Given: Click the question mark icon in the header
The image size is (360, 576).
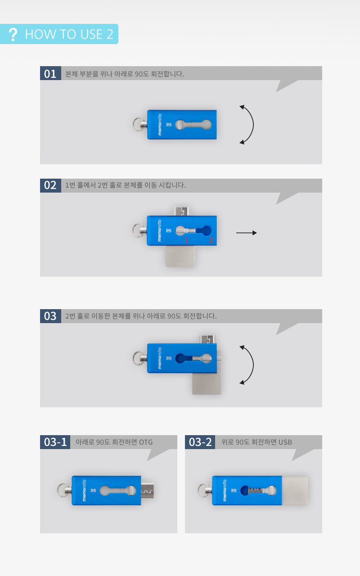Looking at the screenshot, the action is click(x=13, y=34).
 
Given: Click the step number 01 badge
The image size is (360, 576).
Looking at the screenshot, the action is click(x=50, y=73).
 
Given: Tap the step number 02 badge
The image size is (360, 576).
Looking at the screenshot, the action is click(x=50, y=185).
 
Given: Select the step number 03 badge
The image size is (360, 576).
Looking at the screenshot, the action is click(x=50, y=316).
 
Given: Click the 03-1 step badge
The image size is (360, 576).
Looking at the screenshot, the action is click(x=55, y=442).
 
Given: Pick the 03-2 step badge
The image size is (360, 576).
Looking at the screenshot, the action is click(x=200, y=442).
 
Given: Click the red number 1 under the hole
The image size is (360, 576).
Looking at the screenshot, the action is click(x=186, y=240).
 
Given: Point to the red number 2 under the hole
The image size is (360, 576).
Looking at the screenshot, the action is click(x=211, y=240).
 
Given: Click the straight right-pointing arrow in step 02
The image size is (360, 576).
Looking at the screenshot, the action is click(x=246, y=233).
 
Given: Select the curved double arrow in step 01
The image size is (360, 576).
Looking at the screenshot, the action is click(x=253, y=125).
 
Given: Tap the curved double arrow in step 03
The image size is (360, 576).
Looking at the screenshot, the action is click(x=253, y=365).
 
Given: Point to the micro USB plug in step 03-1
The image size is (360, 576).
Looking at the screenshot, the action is click(x=147, y=490).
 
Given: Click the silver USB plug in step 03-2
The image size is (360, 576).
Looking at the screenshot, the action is click(x=295, y=490).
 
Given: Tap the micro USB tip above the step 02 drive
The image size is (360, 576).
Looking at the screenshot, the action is click(x=181, y=211).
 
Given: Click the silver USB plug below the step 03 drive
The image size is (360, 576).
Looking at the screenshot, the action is click(x=207, y=383).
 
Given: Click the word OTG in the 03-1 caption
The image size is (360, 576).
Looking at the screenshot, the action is click(x=146, y=442).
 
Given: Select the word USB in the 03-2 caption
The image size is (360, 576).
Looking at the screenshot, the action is click(x=285, y=442).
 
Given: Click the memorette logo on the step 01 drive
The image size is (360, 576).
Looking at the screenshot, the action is click(x=160, y=125).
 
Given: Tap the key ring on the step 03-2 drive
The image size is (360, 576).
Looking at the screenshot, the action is click(x=203, y=490).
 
